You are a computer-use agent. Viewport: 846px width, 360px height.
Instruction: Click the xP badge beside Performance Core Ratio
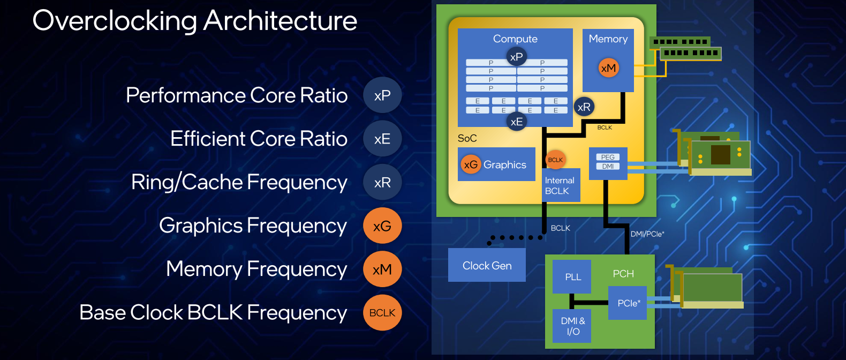point(382,95)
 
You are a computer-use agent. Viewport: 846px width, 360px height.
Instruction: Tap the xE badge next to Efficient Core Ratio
point(382,139)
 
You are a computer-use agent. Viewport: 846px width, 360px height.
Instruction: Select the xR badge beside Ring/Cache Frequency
point(382,183)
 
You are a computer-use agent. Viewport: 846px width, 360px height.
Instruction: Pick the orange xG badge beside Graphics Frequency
point(382,226)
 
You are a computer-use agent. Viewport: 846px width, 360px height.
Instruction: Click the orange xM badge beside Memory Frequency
point(382,269)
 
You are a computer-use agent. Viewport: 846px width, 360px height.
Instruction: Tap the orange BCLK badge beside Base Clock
point(382,313)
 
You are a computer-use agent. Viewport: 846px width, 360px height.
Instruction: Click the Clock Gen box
point(487,265)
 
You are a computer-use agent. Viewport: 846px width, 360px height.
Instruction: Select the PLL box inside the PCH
point(572,276)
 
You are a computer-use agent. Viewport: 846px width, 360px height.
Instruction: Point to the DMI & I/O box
point(572,326)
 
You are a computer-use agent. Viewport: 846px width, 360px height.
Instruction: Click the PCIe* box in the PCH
point(628,303)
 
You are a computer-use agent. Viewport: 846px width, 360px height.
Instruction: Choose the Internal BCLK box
point(561,185)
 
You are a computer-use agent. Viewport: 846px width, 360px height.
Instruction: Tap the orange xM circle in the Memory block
point(608,68)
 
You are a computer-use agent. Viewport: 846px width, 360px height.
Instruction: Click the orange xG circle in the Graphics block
point(471,164)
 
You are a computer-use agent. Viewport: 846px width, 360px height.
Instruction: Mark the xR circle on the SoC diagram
point(584,107)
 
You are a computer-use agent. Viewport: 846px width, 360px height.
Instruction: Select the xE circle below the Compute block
point(517,122)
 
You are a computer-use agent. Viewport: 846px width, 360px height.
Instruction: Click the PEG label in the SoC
point(608,157)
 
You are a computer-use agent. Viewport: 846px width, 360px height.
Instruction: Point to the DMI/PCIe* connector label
point(647,234)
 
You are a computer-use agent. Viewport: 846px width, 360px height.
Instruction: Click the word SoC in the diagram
point(467,138)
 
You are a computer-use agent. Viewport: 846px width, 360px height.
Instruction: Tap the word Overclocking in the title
point(115,21)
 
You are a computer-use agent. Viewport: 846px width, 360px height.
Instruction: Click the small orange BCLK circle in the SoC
point(555,160)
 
